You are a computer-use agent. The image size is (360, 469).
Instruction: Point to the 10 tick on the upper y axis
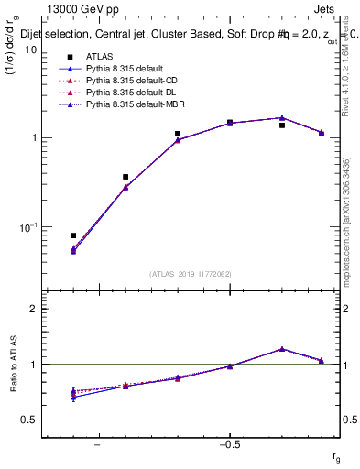tap(30, 49)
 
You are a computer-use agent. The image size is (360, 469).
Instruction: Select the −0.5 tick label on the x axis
tap(229, 445)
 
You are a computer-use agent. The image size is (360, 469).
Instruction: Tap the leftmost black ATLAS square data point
tap(73, 235)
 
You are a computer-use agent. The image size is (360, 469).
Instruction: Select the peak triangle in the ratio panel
tap(282, 349)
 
